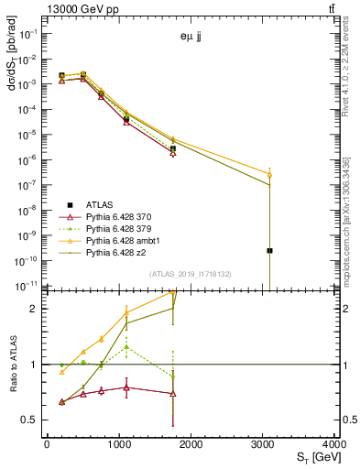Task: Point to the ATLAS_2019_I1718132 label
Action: [x=191, y=273]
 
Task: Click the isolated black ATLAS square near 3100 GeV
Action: [x=269, y=250]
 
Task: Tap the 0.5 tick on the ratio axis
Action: [x=29, y=420]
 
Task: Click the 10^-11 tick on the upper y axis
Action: [x=27, y=286]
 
